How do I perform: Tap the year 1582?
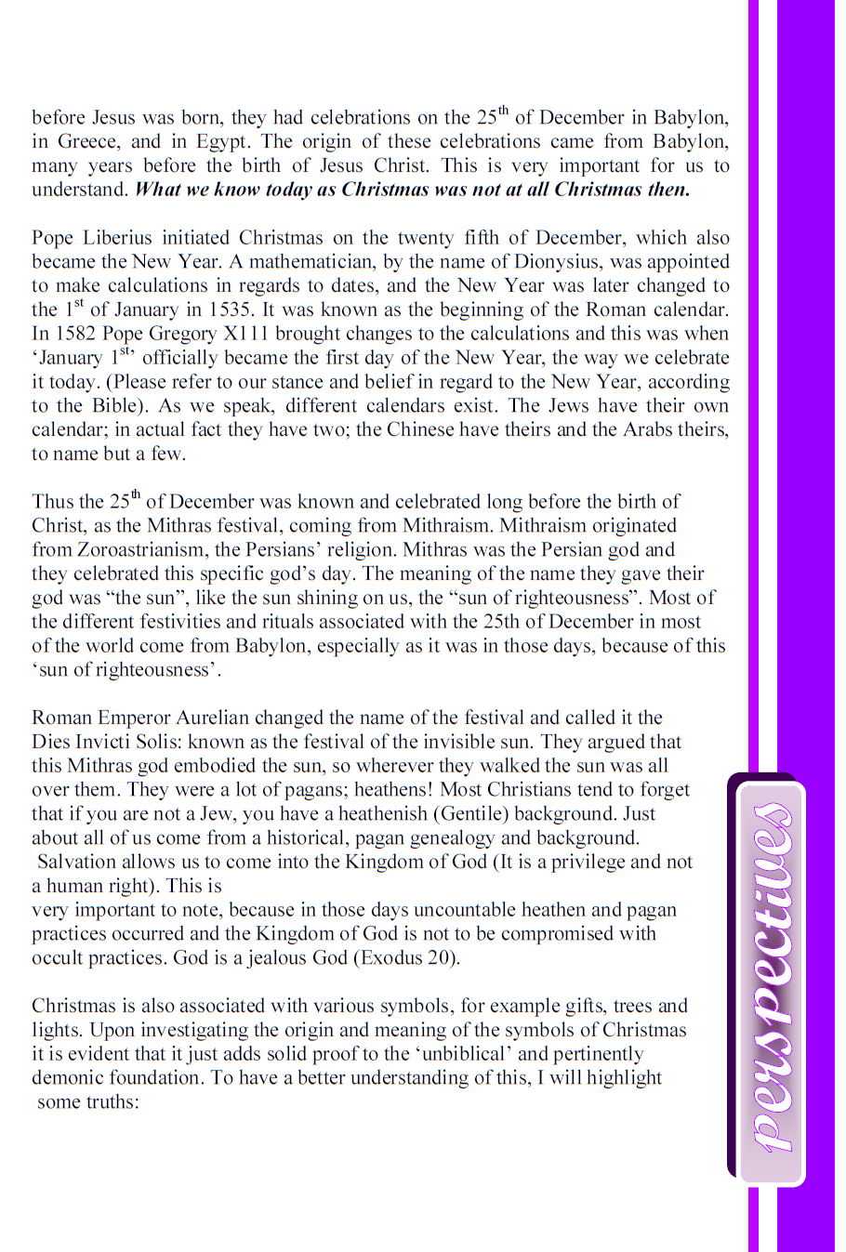click(x=76, y=335)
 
